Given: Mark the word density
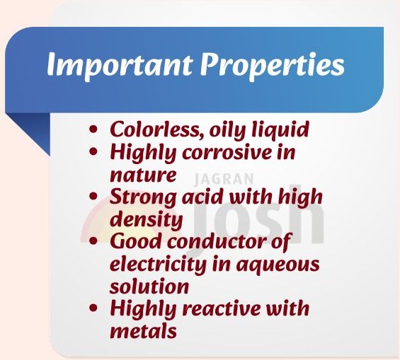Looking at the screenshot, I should tap(146, 219).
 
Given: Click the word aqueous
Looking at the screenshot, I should tap(279, 265).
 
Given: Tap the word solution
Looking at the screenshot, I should tap(149, 286).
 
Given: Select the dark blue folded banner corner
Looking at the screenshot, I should tap(31, 134).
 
